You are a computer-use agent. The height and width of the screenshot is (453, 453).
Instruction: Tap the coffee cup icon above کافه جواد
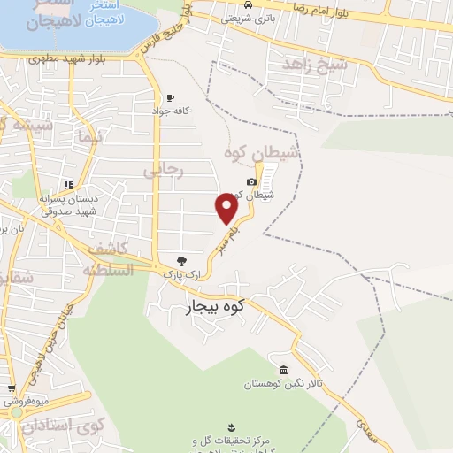click(x=170, y=97)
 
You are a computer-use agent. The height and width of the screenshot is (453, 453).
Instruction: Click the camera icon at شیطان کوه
click(x=251, y=182)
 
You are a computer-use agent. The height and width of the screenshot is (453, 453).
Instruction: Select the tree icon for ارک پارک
click(x=181, y=261)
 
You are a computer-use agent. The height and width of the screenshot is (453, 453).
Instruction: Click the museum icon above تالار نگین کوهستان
click(x=283, y=370)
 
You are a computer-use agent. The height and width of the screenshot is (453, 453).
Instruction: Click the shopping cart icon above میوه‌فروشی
click(x=11, y=388)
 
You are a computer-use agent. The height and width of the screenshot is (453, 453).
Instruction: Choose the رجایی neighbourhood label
click(x=166, y=171)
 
